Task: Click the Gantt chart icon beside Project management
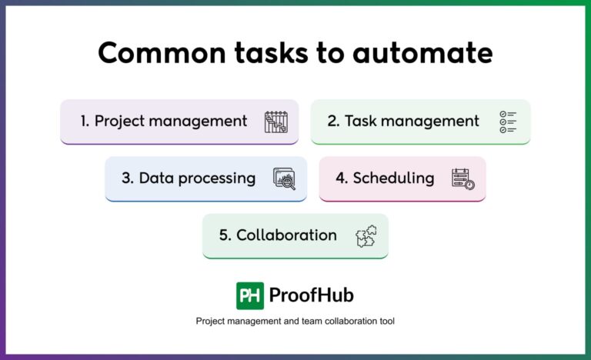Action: coord(275,122)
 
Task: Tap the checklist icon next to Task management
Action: coord(508,122)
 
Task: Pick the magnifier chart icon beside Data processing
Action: coord(285,179)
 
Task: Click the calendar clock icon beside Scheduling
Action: coord(462,179)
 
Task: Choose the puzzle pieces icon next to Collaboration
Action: coord(366,236)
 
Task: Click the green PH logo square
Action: coord(250,295)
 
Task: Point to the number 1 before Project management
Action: coord(84,121)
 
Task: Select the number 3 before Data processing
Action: coord(127,178)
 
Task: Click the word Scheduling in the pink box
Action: coord(393,178)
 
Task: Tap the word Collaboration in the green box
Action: coord(286,235)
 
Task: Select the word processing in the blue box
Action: coord(218,178)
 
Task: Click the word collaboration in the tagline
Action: coord(340,321)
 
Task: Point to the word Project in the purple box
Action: coord(120,121)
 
